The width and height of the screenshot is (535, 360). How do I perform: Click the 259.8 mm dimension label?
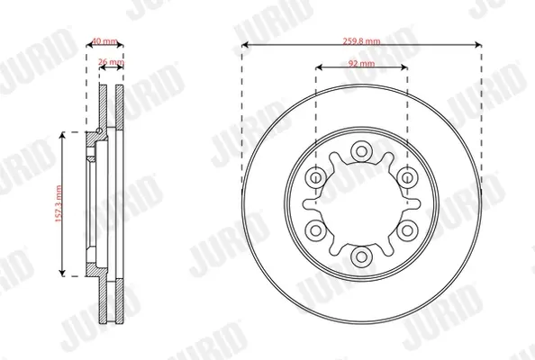[x=361, y=41]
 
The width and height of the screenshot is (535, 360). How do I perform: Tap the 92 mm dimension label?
[x=361, y=63]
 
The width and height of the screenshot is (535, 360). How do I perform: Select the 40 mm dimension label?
[x=104, y=41]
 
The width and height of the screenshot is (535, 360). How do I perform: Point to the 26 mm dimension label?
[x=111, y=62]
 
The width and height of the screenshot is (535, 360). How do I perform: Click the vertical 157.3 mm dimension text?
[x=59, y=204]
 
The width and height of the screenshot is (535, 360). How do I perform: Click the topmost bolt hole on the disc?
[x=361, y=151]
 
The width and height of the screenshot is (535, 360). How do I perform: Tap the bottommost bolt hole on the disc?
[x=361, y=256]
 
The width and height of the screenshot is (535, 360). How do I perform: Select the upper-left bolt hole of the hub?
[x=315, y=177]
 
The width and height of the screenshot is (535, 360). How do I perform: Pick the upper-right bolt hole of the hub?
[x=407, y=177]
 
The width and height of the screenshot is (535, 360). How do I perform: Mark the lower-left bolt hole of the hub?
[x=315, y=230]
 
